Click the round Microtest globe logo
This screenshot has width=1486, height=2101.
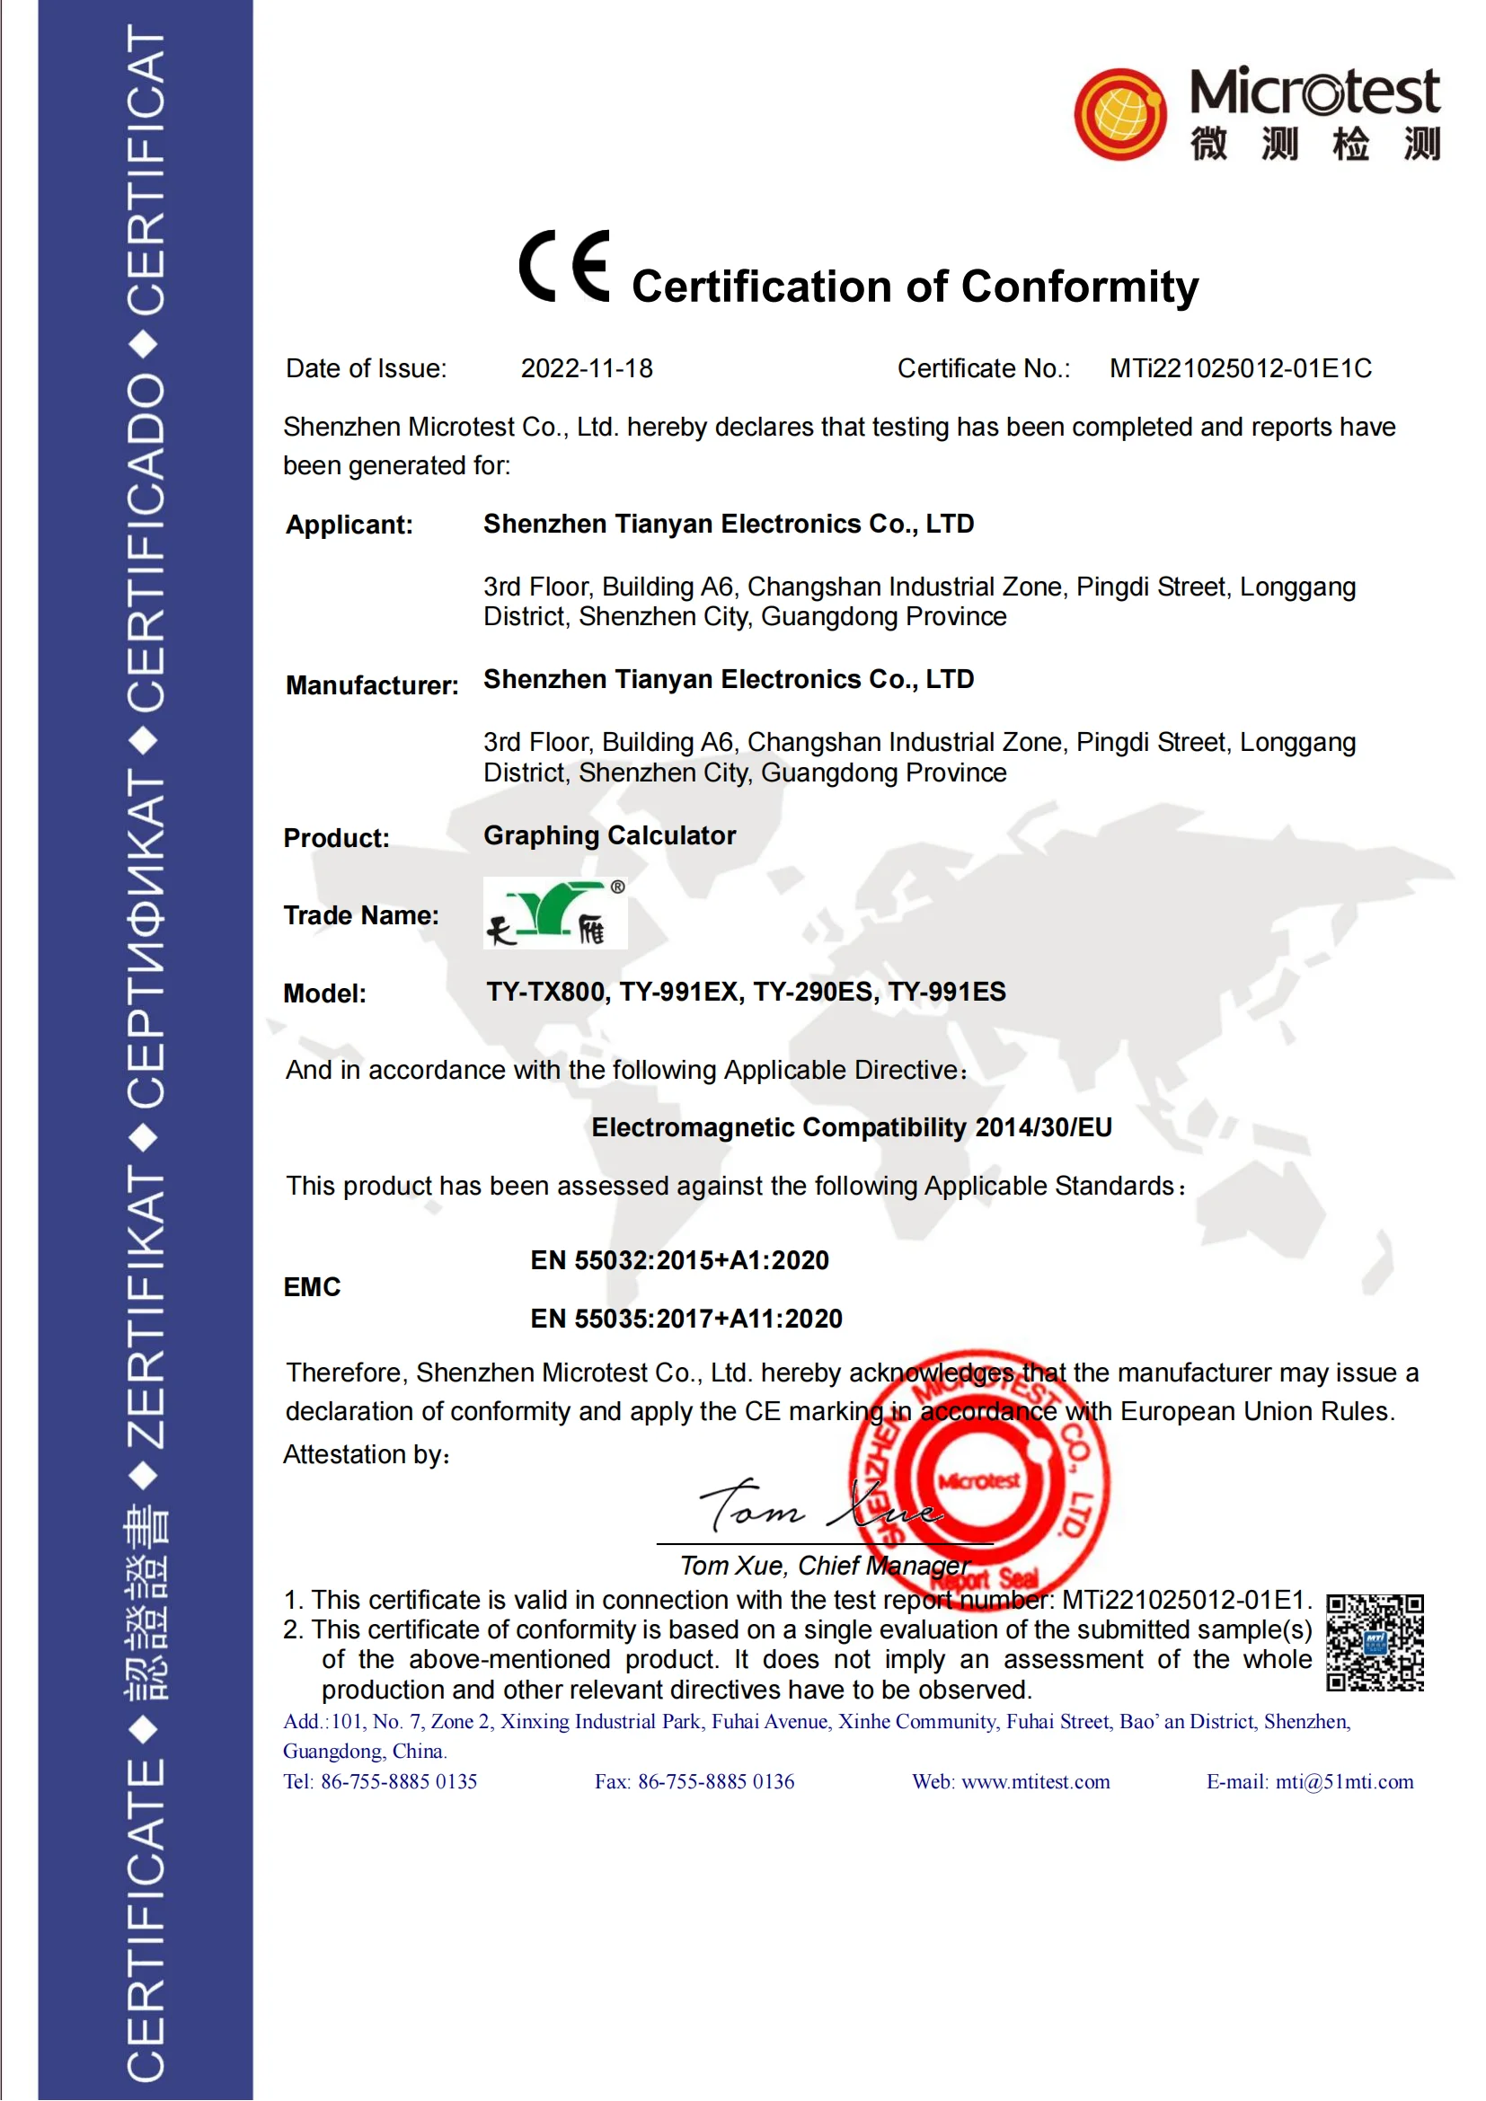(x=1120, y=114)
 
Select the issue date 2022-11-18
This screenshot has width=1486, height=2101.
(x=587, y=369)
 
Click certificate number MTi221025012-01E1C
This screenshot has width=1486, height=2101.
(x=1240, y=369)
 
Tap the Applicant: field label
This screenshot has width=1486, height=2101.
(x=349, y=525)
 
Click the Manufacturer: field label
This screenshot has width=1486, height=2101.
(x=372, y=685)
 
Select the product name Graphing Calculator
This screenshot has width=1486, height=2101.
(x=609, y=835)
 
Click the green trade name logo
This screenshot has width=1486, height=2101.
(x=554, y=914)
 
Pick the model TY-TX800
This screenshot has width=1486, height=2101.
(x=546, y=992)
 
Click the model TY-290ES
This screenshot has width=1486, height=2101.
(x=811, y=992)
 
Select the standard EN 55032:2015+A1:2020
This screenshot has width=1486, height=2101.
(x=679, y=1261)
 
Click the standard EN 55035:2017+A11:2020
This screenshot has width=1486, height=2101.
(x=686, y=1320)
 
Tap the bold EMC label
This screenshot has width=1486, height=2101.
(x=311, y=1288)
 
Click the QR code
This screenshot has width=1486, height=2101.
(x=1375, y=1643)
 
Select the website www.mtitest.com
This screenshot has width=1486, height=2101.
(x=1035, y=1781)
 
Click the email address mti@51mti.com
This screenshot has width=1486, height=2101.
(x=1344, y=1781)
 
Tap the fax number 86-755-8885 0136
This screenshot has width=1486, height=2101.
(x=715, y=1781)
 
